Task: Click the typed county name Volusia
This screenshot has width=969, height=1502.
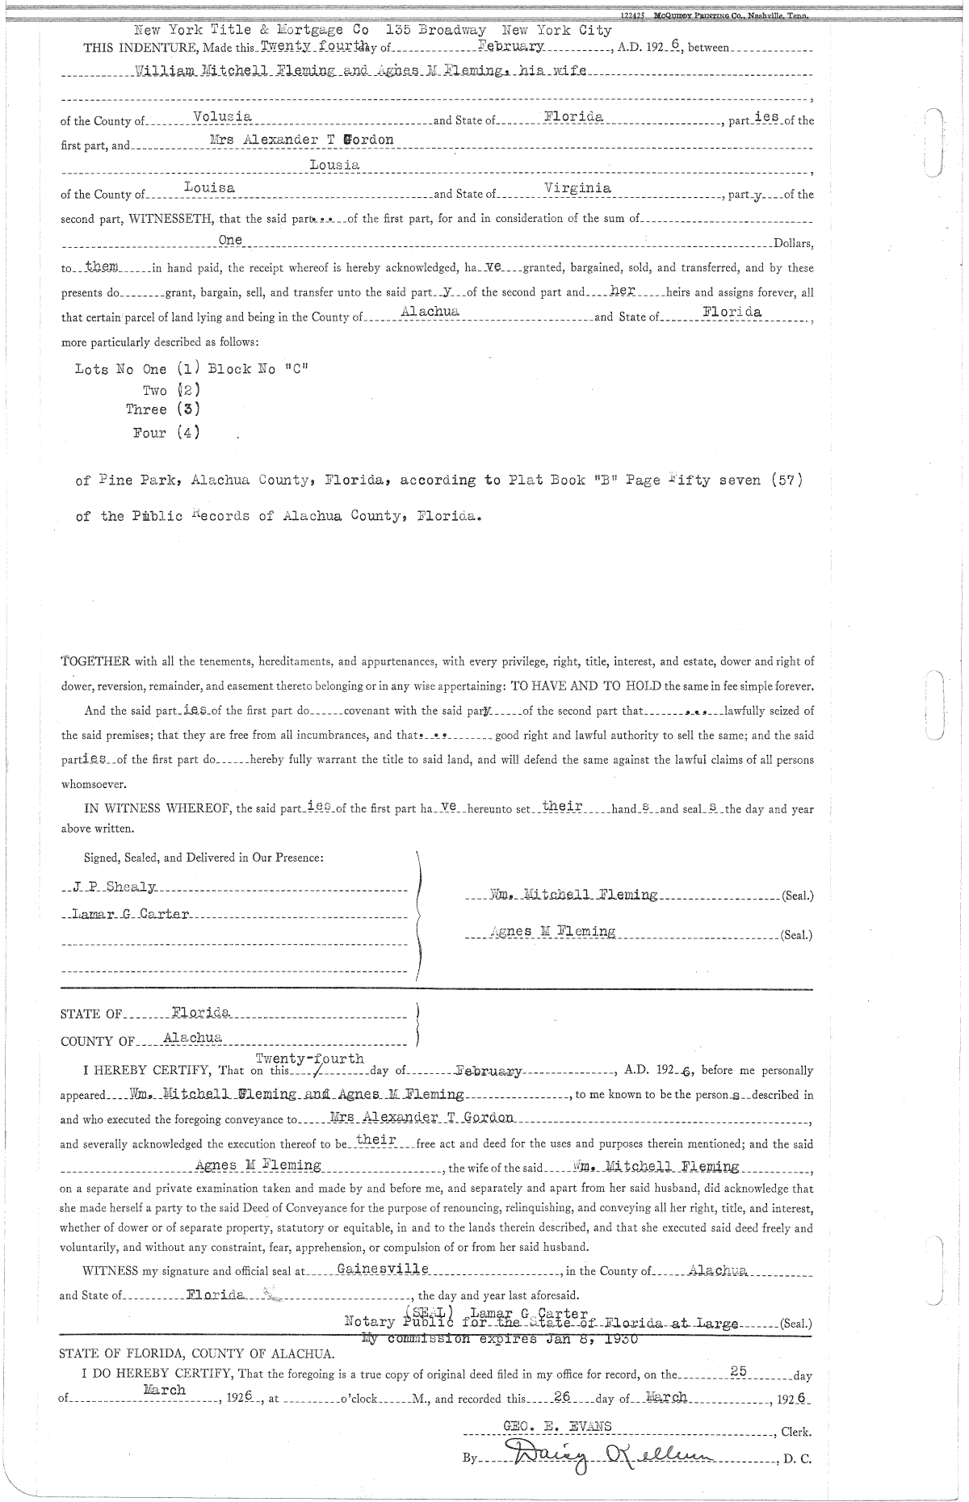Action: pos(223,117)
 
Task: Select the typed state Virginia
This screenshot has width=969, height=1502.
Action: pos(577,188)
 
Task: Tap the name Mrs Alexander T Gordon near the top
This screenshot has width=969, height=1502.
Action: pos(300,140)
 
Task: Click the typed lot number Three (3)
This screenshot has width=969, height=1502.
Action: pos(162,409)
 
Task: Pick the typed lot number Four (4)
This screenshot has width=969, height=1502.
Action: pos(166,433)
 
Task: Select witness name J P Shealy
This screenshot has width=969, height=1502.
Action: pos(114,887)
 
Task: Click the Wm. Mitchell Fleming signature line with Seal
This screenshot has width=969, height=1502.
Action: pos(574,895)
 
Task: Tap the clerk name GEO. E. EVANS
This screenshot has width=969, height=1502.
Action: pos(557,1426)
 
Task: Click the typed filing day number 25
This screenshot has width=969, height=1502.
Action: pos(739,1370)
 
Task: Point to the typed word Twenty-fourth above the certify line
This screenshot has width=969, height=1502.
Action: pos(309,1059)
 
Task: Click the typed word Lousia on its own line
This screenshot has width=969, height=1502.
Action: pos(334,165)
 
